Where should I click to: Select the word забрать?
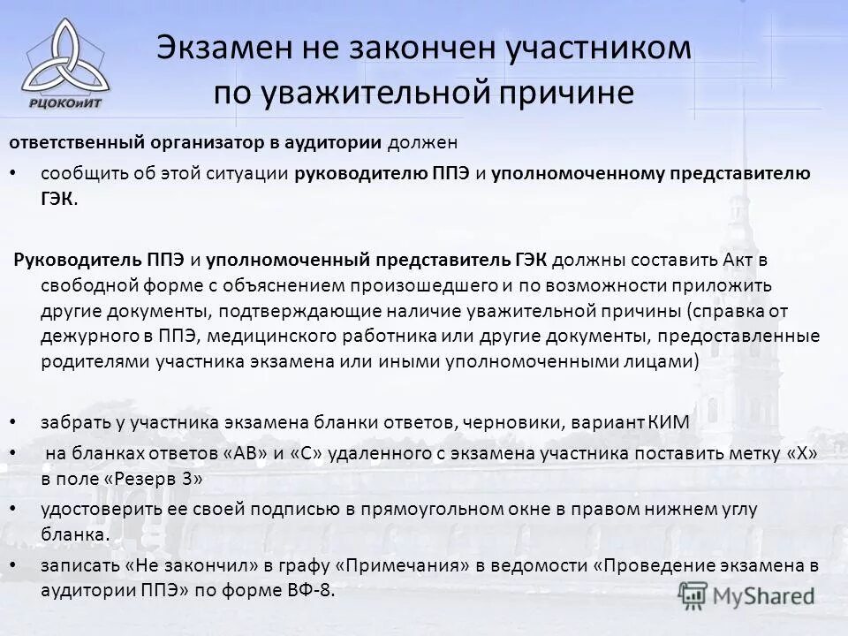pos(73,422)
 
